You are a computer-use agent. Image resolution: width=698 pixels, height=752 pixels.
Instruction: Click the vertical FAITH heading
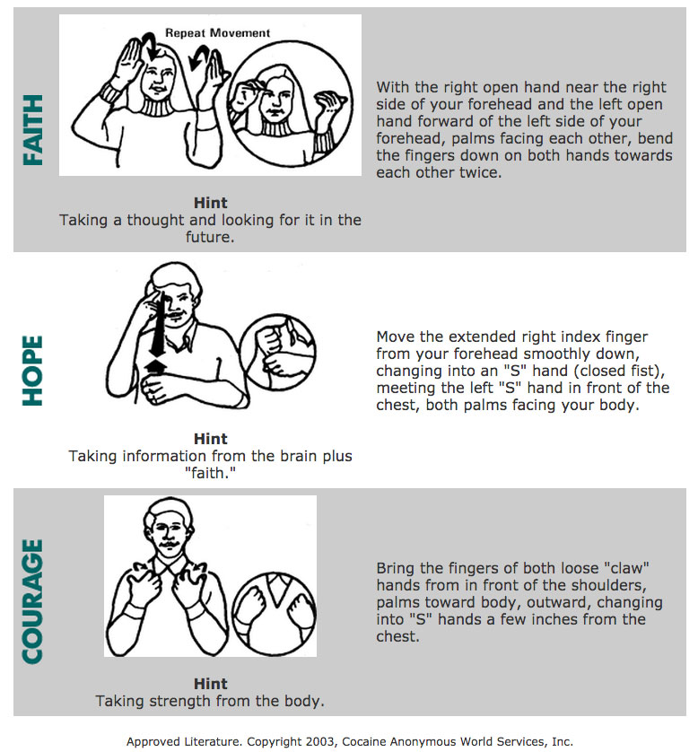[33, 133]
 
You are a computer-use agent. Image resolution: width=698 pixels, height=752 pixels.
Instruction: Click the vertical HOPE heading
[33, 371]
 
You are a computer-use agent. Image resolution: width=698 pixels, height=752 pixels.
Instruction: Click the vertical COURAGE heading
[33, 601]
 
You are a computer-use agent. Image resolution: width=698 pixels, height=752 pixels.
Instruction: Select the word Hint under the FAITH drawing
[210, 203]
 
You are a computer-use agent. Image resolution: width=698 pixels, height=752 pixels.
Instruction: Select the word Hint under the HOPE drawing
[210, 439]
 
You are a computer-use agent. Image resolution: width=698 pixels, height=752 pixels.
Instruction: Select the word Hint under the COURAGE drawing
[210, 684]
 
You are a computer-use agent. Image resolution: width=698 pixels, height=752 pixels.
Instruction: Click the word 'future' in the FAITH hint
[210, 237]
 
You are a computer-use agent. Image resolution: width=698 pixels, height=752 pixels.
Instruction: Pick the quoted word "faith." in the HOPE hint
[210, 473]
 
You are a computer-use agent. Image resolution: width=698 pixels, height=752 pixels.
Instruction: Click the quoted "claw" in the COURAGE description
[624, 568]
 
